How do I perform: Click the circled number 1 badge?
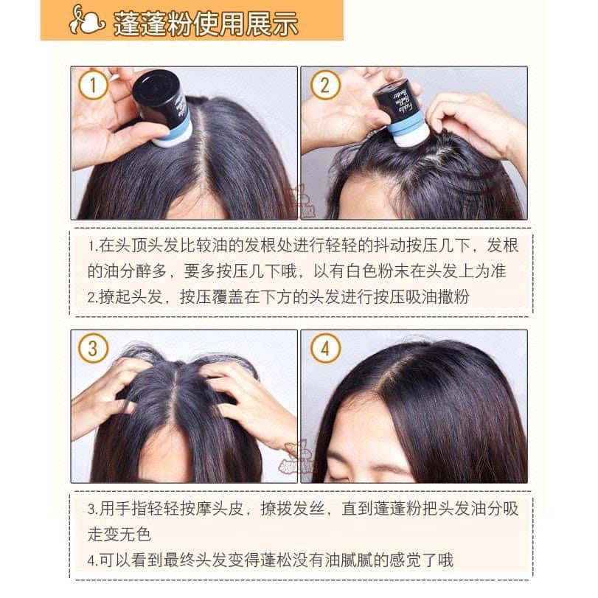(x=93, y=85)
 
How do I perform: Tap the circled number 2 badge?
(x=325, y=85)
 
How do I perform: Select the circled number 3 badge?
(x=93, y=348)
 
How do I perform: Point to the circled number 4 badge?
(x=325, y=348)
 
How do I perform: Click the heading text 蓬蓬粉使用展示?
(x=206, y=24)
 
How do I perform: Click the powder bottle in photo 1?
(x=161, y=108)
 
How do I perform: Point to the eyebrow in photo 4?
(x=340, y=456)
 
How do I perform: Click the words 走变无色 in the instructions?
(x=119, y=534)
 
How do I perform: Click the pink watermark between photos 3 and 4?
(x=296, y=457)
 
